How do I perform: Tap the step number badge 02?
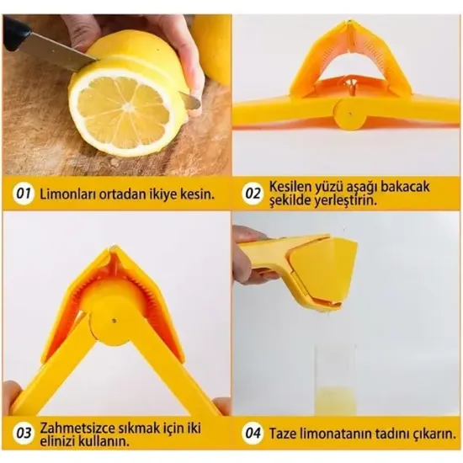pyautogui.click(x=253, y=194)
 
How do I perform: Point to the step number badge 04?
pyautogui.click(x=253, y=435)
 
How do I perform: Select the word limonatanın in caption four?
pyautogui.click(x=342, y=435)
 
